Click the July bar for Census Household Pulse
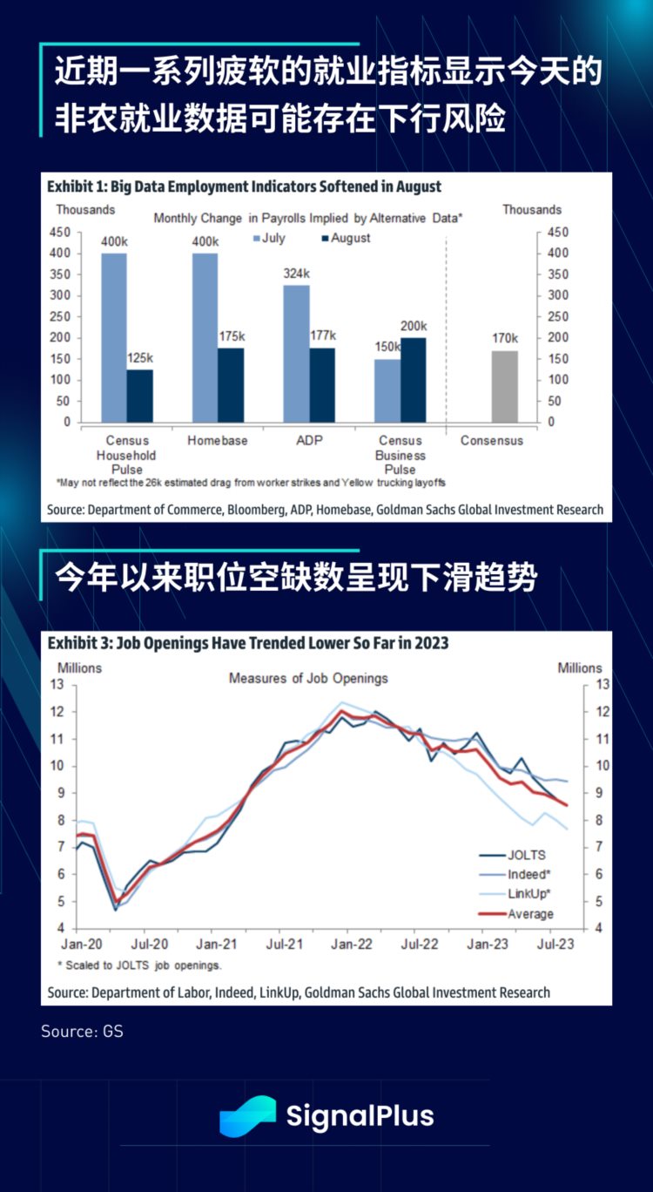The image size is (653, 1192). tap(114, 337)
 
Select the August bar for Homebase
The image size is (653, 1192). tap(231, 384)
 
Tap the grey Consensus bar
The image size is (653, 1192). tap(504, 386)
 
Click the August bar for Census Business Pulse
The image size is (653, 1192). tap(414, 379)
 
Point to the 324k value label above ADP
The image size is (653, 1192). tap(296, 274)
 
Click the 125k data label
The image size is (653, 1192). tap(140, 358)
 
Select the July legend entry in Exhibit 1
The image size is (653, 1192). tap(269, 238)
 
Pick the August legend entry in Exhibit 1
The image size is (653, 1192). tap(346, 238)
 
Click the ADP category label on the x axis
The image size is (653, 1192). tap(308, 441)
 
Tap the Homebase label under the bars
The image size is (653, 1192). tap(217, 441)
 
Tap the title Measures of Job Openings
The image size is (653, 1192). tap(308, 678)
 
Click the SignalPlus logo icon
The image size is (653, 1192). tap(247, 1116)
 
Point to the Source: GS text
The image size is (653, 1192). tap(82, 1032)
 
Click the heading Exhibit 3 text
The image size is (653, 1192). tap(248, 643)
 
